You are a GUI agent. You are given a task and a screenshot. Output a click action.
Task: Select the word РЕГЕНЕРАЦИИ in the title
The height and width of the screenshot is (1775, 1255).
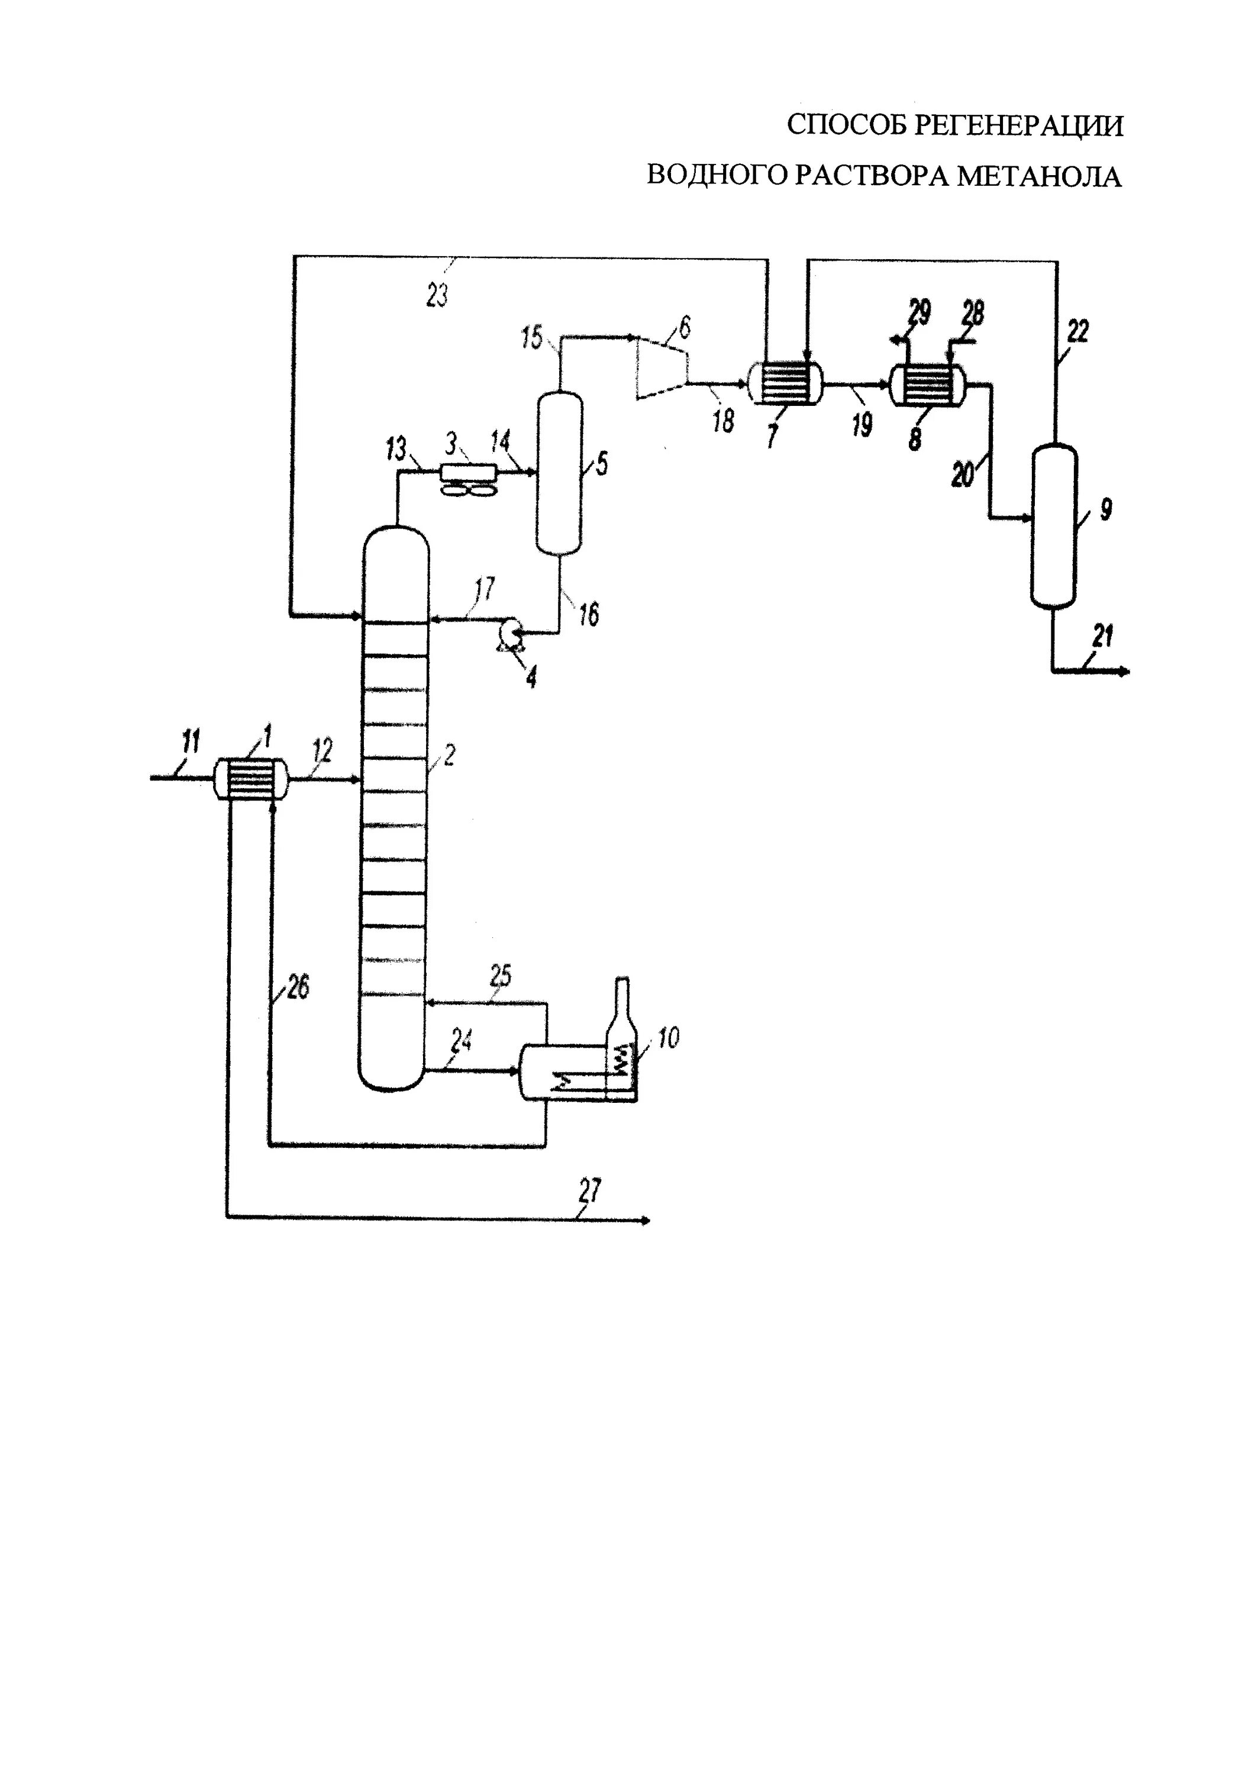pyautogui.click(x=1018, y=125)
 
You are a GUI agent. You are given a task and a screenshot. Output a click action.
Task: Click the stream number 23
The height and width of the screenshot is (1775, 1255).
pyautogui.click(x=438, y=295)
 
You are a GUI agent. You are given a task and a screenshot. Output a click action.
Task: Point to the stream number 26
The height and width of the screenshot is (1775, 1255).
pyautogui.click(x=297, y=987)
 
